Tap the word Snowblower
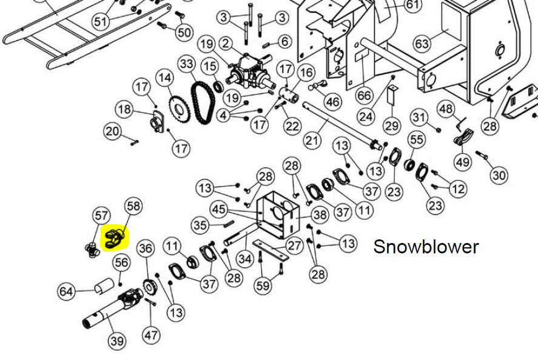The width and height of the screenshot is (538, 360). (426, 247)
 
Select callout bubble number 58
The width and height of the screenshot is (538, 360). (133, 206)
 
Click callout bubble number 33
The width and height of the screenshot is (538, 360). (187, 64)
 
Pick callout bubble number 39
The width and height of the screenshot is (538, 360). (116, 341)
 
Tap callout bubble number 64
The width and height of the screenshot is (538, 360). (66, 292)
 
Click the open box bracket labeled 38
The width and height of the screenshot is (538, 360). (278, 215)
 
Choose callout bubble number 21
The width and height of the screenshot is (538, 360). (312, 140)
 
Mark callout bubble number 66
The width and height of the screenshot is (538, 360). (364, 95)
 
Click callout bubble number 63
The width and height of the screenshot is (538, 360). (422, 44)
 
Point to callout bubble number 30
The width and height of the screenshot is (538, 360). (499, 175)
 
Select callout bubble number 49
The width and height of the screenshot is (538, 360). (463, 161)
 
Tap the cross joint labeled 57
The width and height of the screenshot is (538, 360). (92, 250)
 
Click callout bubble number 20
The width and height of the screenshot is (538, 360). (113, 132)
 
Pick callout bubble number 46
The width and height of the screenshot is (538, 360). (332, 101)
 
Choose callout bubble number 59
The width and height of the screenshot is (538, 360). (263, 285)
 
